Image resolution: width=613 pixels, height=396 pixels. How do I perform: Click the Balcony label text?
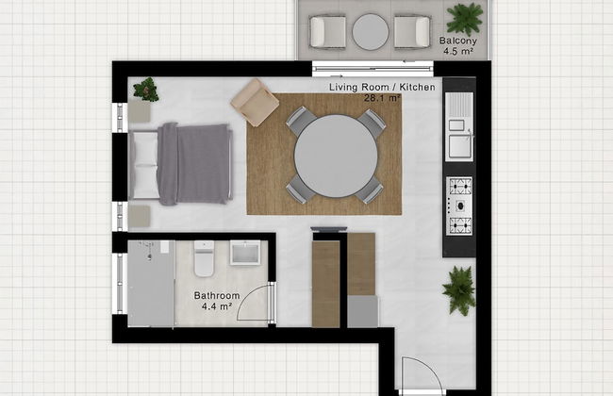point(457,41)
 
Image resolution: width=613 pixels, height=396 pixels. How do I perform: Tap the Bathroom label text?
point(217,296)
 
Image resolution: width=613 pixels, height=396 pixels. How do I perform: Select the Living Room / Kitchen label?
point(382,87)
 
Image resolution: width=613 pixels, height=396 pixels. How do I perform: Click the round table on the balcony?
point(371,32)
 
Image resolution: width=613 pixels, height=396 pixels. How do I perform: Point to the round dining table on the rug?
point(336,156)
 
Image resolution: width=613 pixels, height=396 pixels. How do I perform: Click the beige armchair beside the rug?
point(255,103)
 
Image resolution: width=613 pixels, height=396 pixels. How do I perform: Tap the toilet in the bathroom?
point(204,258)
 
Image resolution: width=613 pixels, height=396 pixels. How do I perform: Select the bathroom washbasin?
point(245,253)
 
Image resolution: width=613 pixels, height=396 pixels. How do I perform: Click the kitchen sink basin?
point(460,146)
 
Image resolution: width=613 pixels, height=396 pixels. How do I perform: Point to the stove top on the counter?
point(459,206)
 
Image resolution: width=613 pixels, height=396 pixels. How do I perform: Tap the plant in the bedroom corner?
point(146,90)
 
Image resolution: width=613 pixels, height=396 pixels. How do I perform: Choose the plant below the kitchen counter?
point(459,290)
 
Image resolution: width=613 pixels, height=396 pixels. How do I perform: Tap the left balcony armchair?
point(327,32)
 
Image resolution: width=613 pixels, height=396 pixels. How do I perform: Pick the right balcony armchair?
point(412,32)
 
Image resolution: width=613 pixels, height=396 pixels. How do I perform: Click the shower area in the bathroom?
point(151,284)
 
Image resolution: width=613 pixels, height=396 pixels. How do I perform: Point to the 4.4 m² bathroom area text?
point(217,306)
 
